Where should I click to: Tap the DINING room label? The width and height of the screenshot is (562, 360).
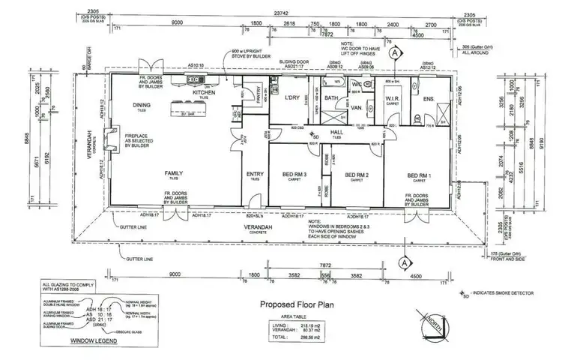(x=142, y=105)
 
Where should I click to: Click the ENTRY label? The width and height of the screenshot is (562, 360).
(x=255, y=174)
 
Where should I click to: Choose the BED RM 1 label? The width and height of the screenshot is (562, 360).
(x=418, y=175)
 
